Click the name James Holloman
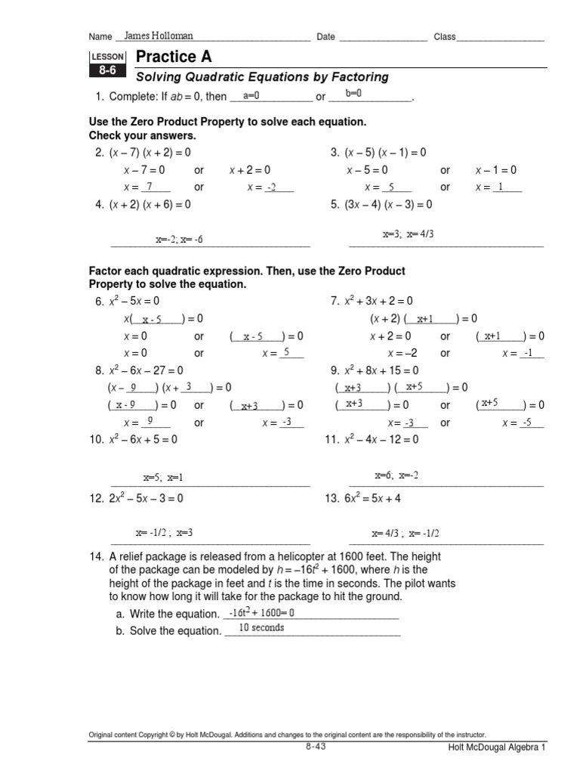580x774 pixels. click(158, 36)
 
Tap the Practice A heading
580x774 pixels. click(174, 57)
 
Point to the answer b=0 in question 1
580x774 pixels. click(353, 94)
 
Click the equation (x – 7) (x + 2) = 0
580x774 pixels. click(143, 153)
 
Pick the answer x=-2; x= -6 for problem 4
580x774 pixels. click(179, 240)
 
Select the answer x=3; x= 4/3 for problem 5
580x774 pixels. click(408, 234)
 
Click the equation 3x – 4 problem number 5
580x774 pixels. click(382, 204)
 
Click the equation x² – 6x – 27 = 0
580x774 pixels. click(140, 370)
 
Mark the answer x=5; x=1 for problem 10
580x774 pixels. click(163, 478)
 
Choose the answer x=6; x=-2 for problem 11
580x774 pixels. click(396, 475)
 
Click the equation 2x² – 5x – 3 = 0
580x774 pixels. click(139, 499)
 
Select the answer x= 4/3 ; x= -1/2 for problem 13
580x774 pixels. click(404, 534)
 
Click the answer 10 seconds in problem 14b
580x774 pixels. click(261, 627)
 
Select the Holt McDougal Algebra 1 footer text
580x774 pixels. click(494, 747)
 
